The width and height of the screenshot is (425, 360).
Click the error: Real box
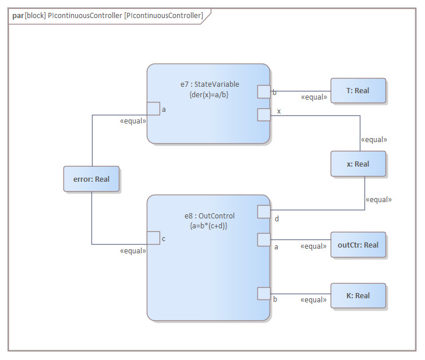91,179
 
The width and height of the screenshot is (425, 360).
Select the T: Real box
358,91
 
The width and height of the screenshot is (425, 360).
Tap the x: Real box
358,164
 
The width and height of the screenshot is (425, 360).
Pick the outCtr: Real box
358,245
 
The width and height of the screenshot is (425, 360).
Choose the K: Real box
358,296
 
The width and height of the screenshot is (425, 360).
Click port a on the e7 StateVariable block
153,109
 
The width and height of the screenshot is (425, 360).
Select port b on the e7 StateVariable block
264,91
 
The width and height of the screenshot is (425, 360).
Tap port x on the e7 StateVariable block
264,115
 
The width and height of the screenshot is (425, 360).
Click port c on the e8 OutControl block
153,238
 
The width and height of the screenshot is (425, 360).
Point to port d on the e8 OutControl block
264,211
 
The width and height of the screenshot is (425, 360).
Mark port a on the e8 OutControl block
264,239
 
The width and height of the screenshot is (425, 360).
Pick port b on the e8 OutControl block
264,294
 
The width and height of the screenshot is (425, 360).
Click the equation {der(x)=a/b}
209,94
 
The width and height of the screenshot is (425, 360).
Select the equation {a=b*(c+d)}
209,225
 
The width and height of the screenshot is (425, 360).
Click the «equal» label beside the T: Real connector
314,97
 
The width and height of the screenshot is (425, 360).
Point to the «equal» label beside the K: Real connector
313,300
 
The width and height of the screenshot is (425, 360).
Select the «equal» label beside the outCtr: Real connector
313,246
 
